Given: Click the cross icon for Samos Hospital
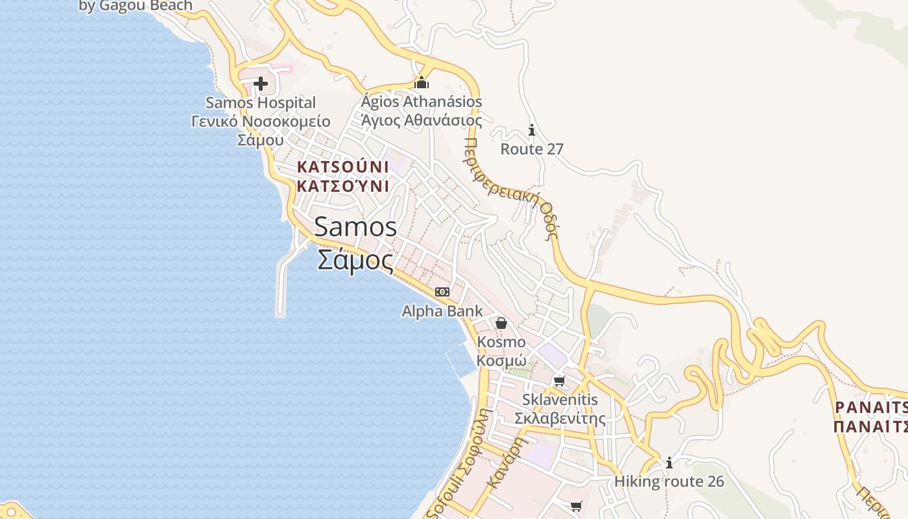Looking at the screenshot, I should point(261,83).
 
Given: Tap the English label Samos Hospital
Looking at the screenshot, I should point(261,103).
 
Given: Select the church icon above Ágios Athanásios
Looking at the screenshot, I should point(422,82).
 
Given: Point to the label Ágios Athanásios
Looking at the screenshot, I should point(422,102).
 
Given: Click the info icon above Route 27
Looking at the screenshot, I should point(532,130).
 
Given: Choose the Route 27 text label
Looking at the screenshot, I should point(532,149).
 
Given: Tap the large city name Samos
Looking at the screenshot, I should point(355,227).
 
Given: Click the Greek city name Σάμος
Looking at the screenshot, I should point(355,260).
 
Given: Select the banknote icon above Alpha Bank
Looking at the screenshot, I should point(442,292).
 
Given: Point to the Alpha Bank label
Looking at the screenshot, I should point(442,311).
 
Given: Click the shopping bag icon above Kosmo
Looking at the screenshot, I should point(501,322).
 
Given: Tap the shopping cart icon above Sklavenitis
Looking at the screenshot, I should point(559,381).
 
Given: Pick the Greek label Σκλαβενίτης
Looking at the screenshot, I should point(560,418).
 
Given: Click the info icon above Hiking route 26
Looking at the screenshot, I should point(669,463).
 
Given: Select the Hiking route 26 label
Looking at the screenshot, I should point(669,482).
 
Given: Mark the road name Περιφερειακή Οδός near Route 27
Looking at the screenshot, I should point(512,188).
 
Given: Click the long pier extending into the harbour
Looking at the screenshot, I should point(281,285).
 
